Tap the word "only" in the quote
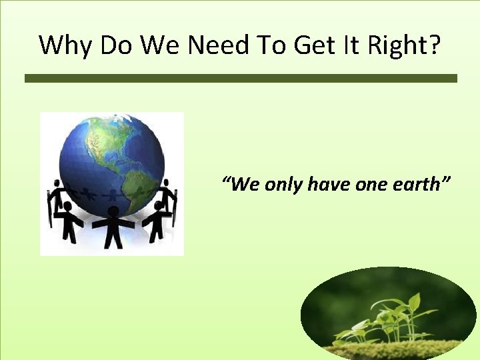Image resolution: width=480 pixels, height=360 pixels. coord(284,185)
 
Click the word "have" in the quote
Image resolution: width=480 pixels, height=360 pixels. coord(329,184)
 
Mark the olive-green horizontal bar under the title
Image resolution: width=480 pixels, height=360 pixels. coord(241,78)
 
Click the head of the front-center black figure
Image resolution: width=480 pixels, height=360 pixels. coord(113,211)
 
